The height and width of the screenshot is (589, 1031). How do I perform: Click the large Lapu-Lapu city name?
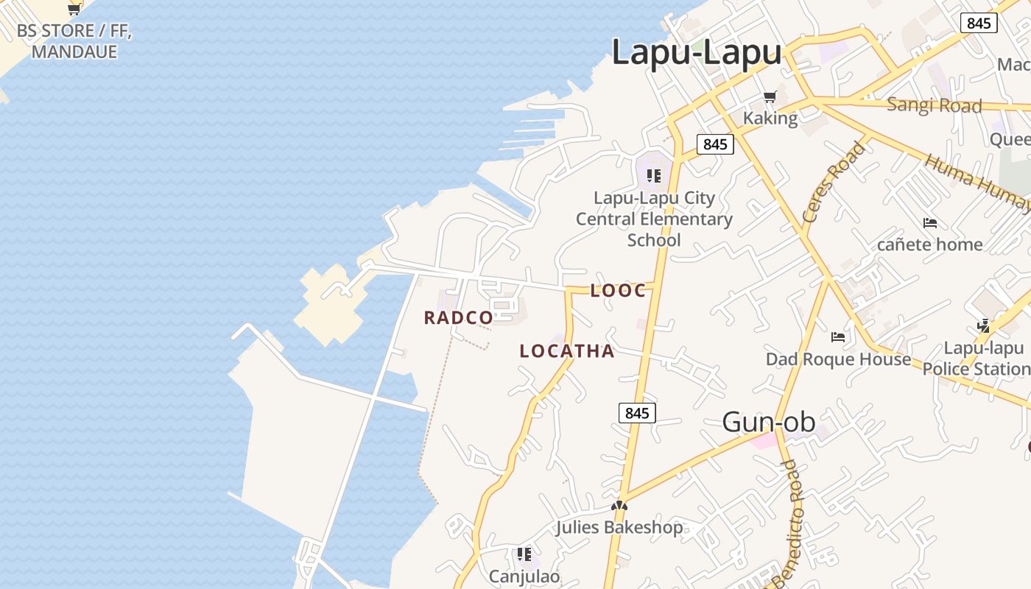click(x=696, y=53)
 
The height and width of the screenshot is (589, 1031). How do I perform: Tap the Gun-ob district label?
click(x=768, y=422)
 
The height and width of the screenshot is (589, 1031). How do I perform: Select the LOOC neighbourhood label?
click(x=618, y=291)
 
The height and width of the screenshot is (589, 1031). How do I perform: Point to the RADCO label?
click(x=458, y=318)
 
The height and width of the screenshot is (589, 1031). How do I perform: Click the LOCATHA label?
click(x=567, y=351)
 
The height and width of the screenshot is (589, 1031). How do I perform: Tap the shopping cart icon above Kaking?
click(x=770, y=96)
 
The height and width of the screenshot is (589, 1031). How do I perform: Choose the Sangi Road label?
click(x=934, y=105)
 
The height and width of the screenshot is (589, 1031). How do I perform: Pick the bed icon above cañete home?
click(x=930, y=222)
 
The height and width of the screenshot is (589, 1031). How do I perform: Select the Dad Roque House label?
click(x=838, y=359)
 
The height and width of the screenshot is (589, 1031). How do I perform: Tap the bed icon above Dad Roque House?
click(x=838, y=337)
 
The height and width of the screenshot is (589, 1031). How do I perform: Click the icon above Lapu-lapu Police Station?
click(x=983, y=325)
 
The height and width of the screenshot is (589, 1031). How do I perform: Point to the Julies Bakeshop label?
click(x=619, y=527)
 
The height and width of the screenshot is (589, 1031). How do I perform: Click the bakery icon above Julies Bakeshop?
click(x=619, y=506)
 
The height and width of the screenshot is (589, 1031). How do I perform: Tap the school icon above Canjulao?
click(x=524, y=554)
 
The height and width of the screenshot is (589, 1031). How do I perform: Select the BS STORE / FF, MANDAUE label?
click(x=74, y=41)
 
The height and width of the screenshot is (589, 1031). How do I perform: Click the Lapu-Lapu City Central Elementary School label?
click(x=654, y=219)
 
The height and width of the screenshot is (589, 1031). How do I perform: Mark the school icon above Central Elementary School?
click(x=653, y=176)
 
